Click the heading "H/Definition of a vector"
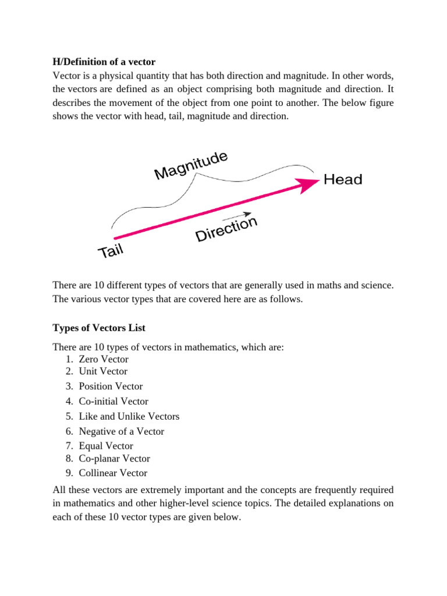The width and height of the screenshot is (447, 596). tap(104, 61)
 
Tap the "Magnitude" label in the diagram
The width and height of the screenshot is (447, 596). tap(190, 165)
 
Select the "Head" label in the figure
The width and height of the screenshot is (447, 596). tap(343, 179)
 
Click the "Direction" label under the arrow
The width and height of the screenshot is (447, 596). tap(226, 229)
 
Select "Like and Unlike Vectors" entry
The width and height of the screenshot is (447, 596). tap(129, 416)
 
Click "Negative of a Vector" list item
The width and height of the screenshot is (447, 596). tap(122, 431)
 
